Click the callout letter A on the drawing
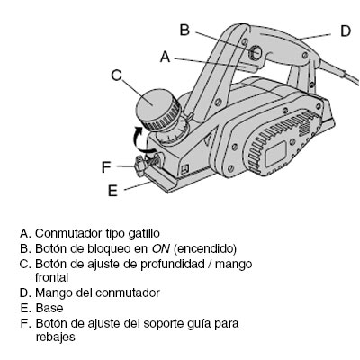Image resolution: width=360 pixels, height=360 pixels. (x=165, y=57)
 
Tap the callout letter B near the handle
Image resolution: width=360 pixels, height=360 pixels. (x=184, y=30)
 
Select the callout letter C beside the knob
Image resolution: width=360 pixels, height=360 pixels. (x=116, y=75)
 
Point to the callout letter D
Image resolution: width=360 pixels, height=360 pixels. (x=346, y=31)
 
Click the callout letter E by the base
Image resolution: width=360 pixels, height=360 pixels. (x=112, y=191)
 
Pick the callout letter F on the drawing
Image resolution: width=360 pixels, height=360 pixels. (x=106, y=167)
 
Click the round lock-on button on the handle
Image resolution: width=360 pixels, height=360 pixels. (x=255, y=51)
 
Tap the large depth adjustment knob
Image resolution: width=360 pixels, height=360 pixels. (x=158, y=110)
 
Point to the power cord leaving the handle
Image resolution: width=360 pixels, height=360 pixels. (x=339, y=71)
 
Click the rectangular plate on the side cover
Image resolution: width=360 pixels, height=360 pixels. (x=275, y=154)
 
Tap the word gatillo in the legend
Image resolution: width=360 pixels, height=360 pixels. (x=144, y=234)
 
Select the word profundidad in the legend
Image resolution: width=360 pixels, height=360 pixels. (x=173, y=265)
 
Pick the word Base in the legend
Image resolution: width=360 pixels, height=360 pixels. (x=49, y=308)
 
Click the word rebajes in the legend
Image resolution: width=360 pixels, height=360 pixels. (x=56, y=337)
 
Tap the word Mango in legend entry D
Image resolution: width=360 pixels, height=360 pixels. (x=54, y=293)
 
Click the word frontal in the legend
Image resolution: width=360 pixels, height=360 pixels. (x=52, y=277)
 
